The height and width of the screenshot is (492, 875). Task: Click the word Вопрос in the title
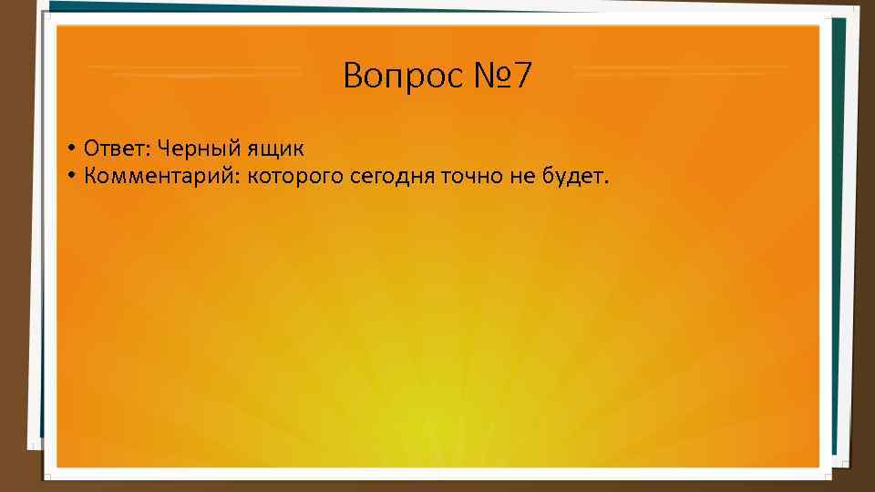403,77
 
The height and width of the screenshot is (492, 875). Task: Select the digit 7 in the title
520,77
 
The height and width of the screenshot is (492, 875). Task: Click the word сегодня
392,175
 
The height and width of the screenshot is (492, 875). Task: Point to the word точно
472,175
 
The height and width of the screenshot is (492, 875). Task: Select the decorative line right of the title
680,69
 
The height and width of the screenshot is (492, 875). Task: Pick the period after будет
602,180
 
